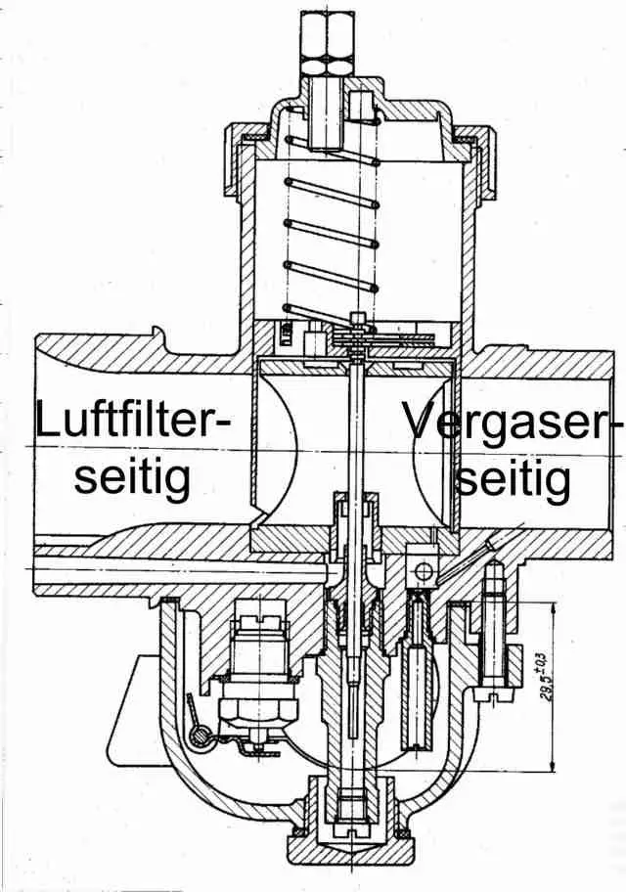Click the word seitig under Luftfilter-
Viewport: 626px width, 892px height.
click(x=134, y=478)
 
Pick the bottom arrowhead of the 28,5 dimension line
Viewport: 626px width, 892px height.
click(x=554, y=764)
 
